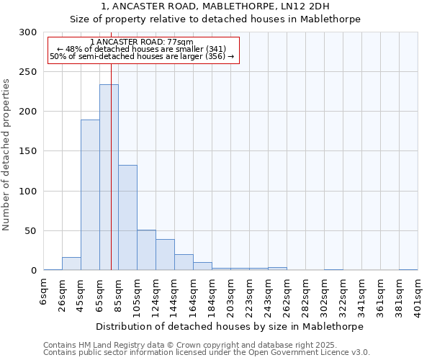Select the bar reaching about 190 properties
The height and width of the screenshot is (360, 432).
click(x=90, y=194)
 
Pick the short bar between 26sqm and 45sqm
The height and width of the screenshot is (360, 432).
click(x=71, y=264)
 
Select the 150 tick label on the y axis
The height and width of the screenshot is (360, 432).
click(x=28, y=151)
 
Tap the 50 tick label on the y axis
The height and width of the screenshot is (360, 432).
click(x=31, y=231)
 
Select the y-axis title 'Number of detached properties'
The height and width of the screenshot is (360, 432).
click(x=6, y=155)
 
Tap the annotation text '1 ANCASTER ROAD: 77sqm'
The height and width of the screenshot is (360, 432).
click(x=142, y=42)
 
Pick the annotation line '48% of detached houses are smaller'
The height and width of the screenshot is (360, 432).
click(x=142, y=49)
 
